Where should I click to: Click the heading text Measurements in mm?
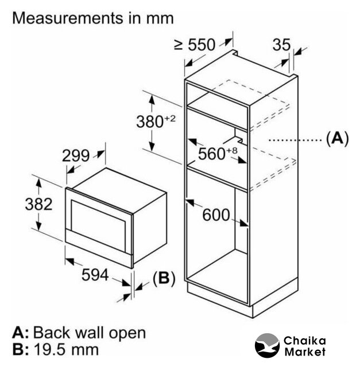point(93,18)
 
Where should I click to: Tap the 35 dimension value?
point(281,44)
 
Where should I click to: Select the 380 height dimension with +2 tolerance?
point(154,121)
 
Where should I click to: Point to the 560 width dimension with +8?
point(218,153)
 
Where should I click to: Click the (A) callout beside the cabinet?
point(336,138)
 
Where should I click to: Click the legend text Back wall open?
point(90,333)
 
